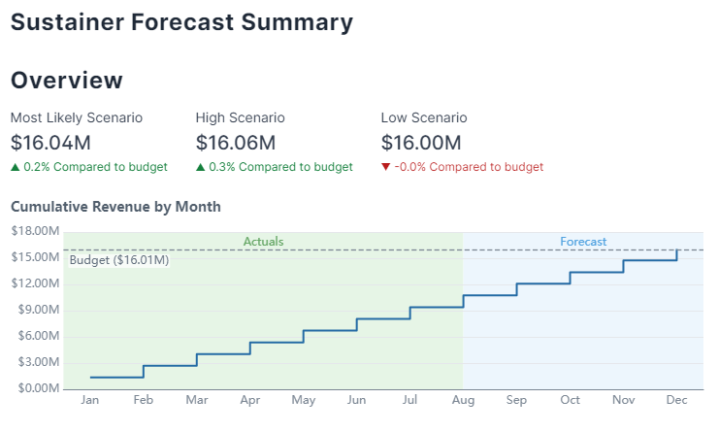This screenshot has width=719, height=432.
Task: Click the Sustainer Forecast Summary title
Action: [181, 21]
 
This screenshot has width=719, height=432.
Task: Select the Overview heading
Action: [67, 81]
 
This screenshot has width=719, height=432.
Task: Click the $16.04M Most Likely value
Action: [51, 143]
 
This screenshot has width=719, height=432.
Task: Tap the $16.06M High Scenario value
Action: [236, 143]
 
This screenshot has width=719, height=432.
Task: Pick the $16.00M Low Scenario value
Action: [421, 143]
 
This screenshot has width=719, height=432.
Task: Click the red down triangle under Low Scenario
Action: [386, 167]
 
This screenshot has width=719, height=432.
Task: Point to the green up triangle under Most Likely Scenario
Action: [15, 167]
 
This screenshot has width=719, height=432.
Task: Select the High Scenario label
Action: [240, 117]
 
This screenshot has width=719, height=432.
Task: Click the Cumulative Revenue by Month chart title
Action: [115, 206]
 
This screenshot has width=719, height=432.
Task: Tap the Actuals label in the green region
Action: [263, 241]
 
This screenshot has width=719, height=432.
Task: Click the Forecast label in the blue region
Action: [583, 241]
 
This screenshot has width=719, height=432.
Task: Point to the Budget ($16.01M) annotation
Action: [119, 260]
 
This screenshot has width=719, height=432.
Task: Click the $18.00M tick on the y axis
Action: [34, 231]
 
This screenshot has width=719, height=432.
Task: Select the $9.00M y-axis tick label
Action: [34, 311]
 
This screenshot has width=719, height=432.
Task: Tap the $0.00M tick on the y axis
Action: [34, 389]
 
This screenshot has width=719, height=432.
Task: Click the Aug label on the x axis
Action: [463, 400]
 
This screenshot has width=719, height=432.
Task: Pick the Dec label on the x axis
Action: [676, 400]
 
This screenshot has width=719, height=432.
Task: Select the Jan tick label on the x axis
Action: [89, 400]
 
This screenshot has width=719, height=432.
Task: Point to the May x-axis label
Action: [303, 400]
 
